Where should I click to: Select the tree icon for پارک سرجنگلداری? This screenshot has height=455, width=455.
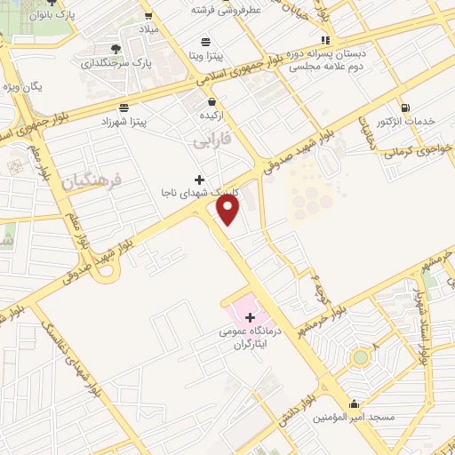[116, 49]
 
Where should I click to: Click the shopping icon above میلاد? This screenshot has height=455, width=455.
[148, 15]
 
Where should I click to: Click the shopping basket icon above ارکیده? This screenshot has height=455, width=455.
[209, 102]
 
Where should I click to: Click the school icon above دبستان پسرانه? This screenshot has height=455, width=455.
[327, 40]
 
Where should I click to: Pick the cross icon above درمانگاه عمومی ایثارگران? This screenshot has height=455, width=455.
[249, 317]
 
